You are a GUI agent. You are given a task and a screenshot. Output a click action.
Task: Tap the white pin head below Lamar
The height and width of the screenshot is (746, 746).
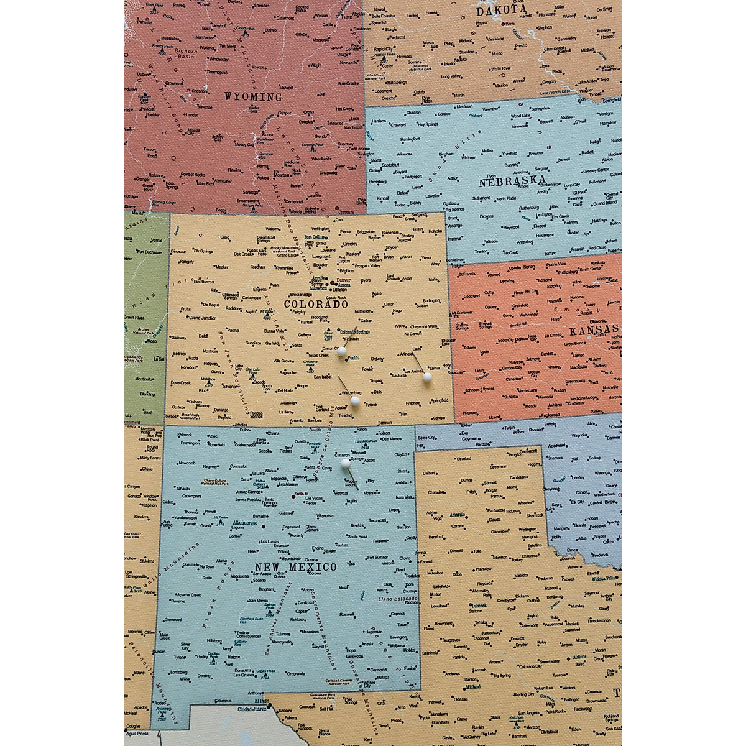(427, 377)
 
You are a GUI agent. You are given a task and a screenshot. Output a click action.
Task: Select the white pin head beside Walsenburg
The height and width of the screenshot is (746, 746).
(354, 402)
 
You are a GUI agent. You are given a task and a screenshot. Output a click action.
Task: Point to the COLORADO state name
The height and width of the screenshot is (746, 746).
(316, 304)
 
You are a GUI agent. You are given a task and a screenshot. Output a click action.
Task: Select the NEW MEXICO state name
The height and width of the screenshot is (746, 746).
(295, 567)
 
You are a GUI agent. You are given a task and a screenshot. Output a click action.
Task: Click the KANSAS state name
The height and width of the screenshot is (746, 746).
(594, 329)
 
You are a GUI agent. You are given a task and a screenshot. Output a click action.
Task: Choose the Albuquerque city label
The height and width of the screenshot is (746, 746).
(244, 523)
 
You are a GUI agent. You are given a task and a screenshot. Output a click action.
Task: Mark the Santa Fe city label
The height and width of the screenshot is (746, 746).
(300, 494)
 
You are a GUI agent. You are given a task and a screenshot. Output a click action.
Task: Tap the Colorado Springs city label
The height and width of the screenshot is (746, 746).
(354, 332)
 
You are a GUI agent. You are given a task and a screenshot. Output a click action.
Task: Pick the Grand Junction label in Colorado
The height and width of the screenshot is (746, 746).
(203, 318)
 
